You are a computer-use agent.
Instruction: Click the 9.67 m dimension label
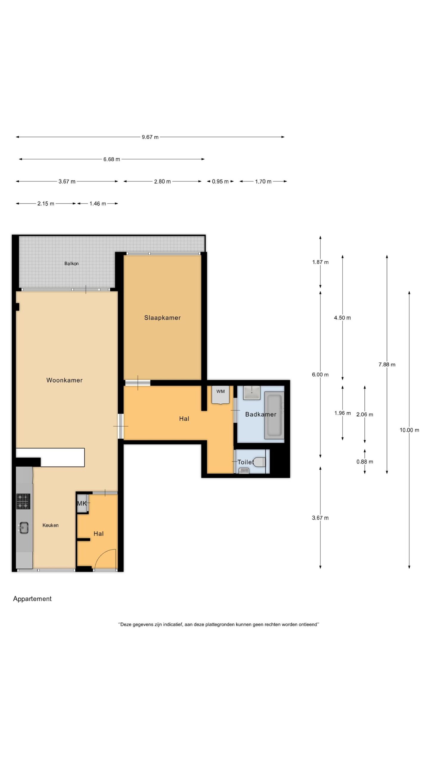pyautogui.click(x=150, y=137)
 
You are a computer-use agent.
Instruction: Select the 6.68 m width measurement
pyautogui.click(x=112, y=159)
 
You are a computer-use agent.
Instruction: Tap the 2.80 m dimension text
pyautogui.click(x=162, y=182)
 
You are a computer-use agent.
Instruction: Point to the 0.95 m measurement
pyautogui.click(x=220, y=182)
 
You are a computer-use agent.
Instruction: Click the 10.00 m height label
pyautogui.click(x=409, y=430)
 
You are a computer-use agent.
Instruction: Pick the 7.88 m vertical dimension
pyautogui.click(x=387, y=365)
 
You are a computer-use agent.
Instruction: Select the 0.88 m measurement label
pyautogui.click(x=365, y=462)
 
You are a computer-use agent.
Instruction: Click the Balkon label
pyautogui.click(x=71, y=263)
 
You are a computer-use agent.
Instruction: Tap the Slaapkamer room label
pyautogui.click(x=162, y=318)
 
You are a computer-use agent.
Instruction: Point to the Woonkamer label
pyautogui.click(x=64, y=380)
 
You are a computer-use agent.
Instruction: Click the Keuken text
pyautogui.click(x=50, y=525)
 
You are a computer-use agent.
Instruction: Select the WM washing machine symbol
pyautogui.click(x=220, y=395)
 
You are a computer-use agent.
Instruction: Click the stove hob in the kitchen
pyautogui.click(x=23, y=501)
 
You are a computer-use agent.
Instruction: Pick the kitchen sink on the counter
pyautogui.click(x=23, y=528)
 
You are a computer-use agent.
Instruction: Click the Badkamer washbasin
pyautogui.click(x=252, y=393)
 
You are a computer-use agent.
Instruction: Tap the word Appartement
pyautogui.click(x=32, y=599)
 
